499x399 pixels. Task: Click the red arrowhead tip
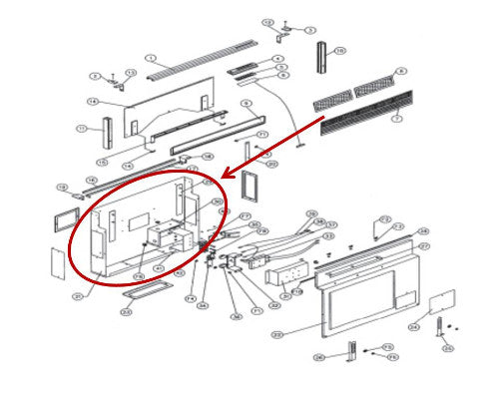[221, 178]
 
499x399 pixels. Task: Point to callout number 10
[340, 51]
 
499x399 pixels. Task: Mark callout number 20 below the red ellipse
[127, 313]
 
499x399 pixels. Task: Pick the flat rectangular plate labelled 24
[440, 303]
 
